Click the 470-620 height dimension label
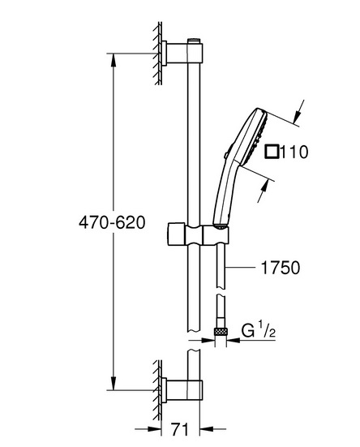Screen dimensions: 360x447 coord(112,222)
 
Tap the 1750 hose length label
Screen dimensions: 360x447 coord(281,268)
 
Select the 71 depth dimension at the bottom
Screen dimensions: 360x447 coord(180,429)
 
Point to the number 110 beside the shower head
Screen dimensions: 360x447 coord(294,152)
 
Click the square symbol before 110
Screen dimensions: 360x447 coord(272,152)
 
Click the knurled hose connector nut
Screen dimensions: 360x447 coord(221,331)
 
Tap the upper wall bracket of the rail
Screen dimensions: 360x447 coord(182,53)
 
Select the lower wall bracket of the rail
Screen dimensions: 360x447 coord(182,390)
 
